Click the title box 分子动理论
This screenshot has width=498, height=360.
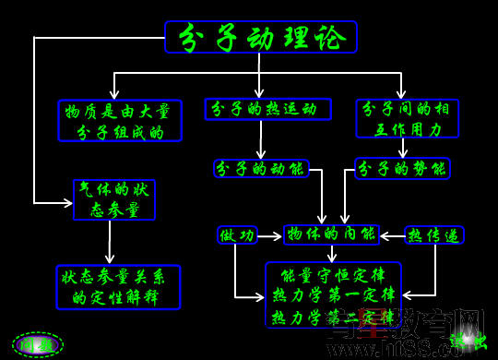tap(260, 37)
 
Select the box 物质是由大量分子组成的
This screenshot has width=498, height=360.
tap(120, 121)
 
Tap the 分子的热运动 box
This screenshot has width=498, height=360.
tap(267, 109)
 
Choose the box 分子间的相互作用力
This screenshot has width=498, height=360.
tap(406, 118)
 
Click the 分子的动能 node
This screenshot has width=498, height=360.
tap(261, 168)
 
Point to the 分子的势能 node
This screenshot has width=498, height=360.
tap(402, 168)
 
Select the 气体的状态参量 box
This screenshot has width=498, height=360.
tap(114, 199)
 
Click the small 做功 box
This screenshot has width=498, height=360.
tap(237, 235)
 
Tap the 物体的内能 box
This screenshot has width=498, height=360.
tap(331, 234)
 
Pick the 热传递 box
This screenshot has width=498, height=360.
tap(433, 235)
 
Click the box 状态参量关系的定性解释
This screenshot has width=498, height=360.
tap(117, 287)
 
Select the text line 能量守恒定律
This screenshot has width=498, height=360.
tap(333, 275)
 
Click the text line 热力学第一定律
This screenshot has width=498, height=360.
tap(333, 295)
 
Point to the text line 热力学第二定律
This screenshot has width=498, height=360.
tap(333, 317)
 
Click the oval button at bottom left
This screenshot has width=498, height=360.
tap(38, 344)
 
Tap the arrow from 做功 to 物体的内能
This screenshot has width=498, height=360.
tap(270, 236)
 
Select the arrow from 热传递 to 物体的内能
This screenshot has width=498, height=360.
tap(392, 236)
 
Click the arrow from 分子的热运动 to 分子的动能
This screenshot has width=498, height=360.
tap(261, 139)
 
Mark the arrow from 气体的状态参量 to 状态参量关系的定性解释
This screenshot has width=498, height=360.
tap(109, 242)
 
